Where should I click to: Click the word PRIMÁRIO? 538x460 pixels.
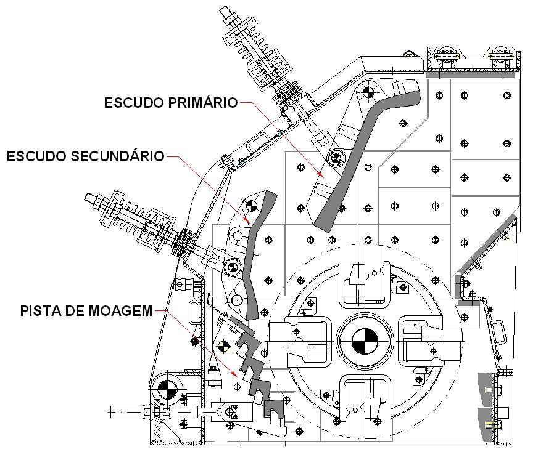click(207, 102)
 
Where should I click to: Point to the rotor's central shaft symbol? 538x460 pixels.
click(364, 340)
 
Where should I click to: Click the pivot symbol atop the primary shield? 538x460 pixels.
click(369, 92)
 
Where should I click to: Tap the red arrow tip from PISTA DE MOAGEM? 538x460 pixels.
click(236, 377)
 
